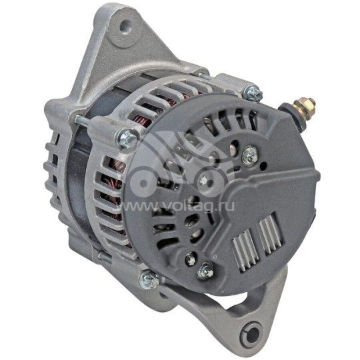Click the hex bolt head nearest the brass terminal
point(252,93)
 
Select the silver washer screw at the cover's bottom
point(205,271)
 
